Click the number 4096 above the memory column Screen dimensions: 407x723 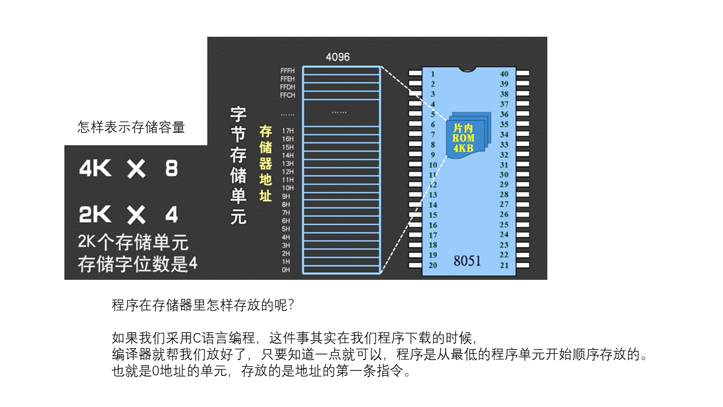(338, 57)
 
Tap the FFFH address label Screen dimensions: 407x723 (288, 71)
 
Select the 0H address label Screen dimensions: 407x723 (286, 270)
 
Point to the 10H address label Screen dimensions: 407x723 (288, 188)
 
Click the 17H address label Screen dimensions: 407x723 (288, 131)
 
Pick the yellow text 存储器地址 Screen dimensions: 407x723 (265, 164)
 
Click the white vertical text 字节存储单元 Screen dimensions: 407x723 (238, 166)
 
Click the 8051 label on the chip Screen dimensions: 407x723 (467, 261)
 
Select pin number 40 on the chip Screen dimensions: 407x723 (504, 74)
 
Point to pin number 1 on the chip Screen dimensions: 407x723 (433, 74)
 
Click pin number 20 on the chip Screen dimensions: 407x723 (433, 265)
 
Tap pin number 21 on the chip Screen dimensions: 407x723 (504, 265)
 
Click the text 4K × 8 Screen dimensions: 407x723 (128, 168)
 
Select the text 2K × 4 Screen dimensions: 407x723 (128, 215)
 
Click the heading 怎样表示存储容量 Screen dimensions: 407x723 (131, 128)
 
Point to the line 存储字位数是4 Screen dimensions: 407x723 (137, 264)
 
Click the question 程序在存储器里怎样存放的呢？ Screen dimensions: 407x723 (203, 306)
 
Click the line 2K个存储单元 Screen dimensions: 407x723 (133, 243)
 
